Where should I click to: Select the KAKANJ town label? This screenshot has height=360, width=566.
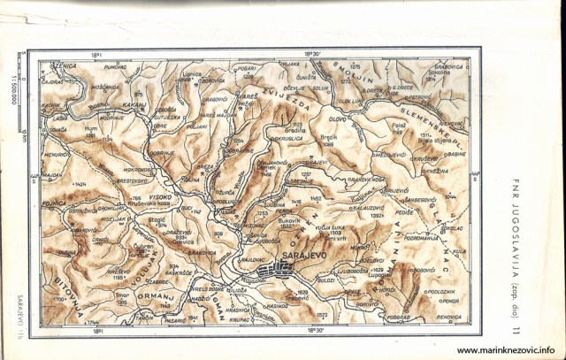tap(135, 103)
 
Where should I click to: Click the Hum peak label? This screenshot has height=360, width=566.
tap(90, 127)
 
